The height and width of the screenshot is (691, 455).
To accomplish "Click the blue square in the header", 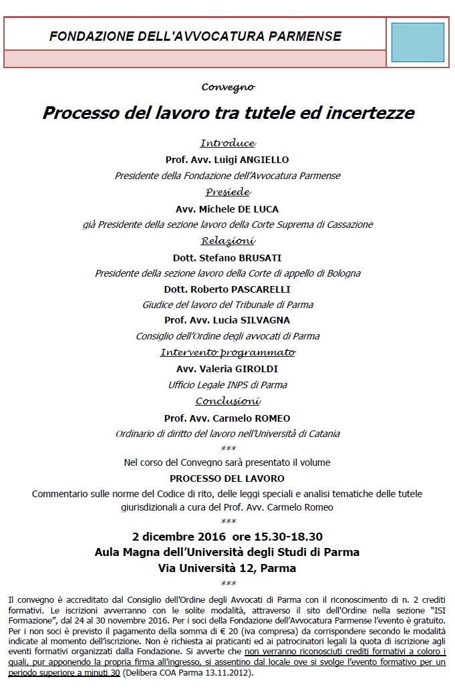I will (x=417, y=42).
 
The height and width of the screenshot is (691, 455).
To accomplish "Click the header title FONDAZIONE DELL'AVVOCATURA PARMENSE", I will (x=195, y=36).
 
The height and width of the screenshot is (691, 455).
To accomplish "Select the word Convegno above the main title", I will (x=228, y=87).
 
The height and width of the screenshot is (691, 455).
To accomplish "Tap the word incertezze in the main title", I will (x=370, y=112).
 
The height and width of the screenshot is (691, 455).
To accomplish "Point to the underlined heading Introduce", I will (x=228, y=143).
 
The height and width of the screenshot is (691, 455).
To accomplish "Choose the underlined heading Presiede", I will (x=228, y=192).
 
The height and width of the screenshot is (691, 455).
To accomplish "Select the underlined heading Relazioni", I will (x=228, y=241).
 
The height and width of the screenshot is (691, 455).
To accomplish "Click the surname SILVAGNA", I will (x=263, y=320).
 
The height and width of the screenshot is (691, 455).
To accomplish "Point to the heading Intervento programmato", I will (x=228, y=352).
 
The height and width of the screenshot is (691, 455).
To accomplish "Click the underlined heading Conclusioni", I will (x=228, y=401).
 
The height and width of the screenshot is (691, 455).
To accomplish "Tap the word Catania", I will (x=322, y=434).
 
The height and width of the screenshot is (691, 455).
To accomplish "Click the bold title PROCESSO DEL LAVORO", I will (x=227, y=478).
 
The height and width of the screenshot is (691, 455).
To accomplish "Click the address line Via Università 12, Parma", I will (x=227, y=569).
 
